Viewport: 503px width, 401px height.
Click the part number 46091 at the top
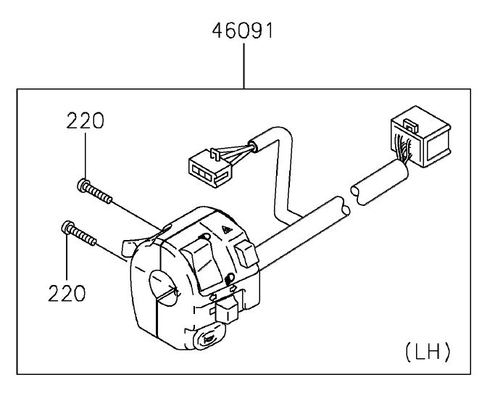(243, 30)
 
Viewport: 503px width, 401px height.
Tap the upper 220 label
(86, 120)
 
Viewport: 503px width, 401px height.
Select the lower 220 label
(67, 293)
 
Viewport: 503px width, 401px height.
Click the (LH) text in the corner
(428, 352)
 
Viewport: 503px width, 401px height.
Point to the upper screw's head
(83, 185)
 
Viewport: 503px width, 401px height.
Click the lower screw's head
(67, 227)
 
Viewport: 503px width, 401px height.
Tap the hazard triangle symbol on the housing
(226, 229)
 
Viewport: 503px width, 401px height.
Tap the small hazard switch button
(246, 254)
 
